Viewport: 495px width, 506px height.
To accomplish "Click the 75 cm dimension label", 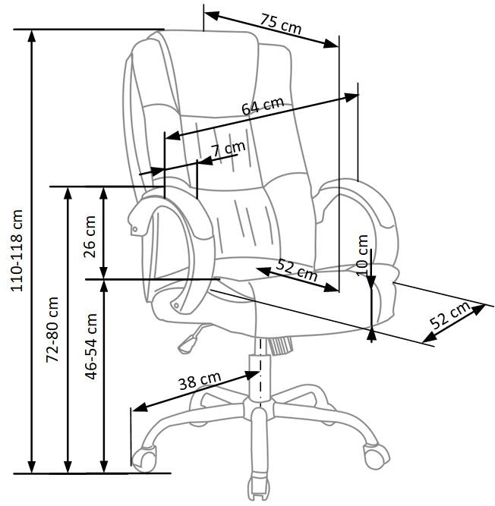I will (x=280, y=24).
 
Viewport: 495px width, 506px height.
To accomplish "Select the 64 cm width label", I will (x=263, y=106).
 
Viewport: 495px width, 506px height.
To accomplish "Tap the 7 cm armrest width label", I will (x=229, y=149).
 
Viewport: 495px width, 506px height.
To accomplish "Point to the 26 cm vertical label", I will (x=90, y=235).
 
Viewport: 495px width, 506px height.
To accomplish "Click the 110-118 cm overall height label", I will (x=17, y=250).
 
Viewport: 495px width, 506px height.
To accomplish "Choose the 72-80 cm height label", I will (x=53, y=328).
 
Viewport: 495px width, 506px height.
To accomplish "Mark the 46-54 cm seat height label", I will (x=91, y=346).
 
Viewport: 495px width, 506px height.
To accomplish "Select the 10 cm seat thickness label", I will (x=362, y=254).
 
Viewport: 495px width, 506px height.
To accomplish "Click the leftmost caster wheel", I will (x=143, y=457).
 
